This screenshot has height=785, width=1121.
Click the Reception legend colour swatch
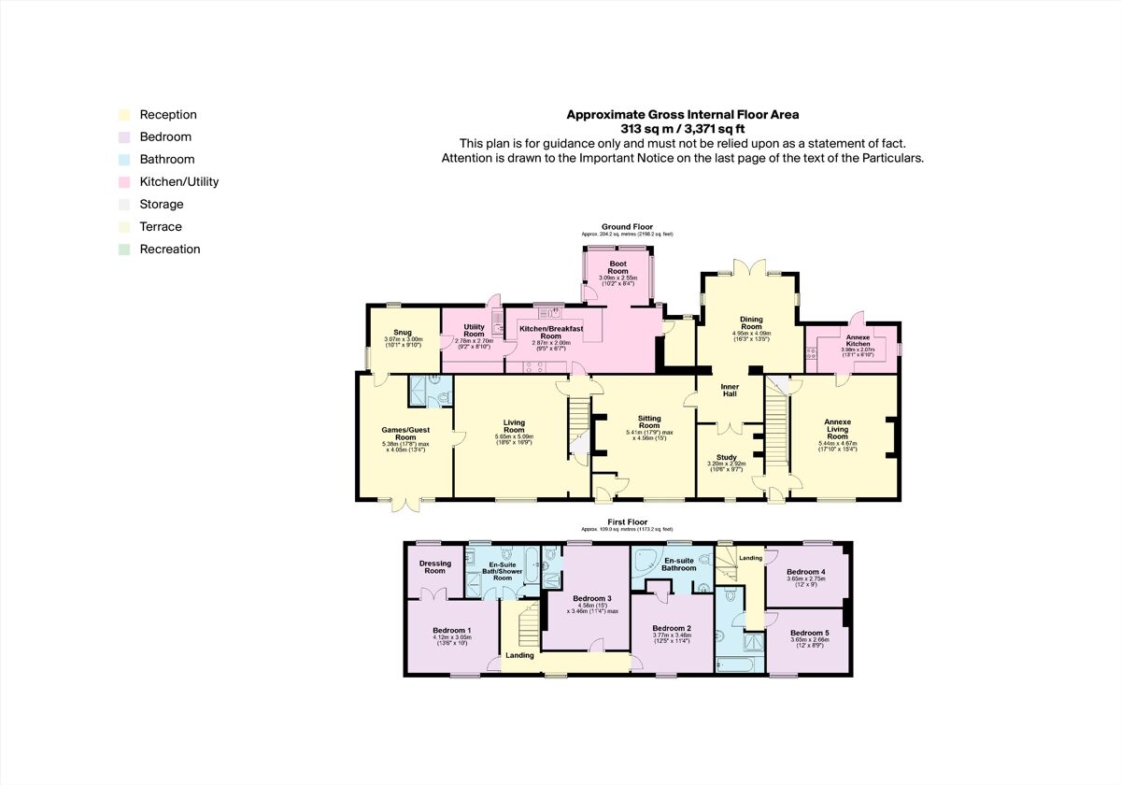(x=123, y=115)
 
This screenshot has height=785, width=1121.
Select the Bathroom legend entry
(x=166, y=160)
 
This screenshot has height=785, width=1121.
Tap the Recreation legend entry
(x=169, y=250)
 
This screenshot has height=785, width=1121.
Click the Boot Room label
(x=618, y=267)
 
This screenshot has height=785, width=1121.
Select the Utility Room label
(x=474, y=330)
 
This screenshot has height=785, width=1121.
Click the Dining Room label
(x=751, y=322)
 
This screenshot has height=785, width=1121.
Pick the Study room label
(x=727, y=457)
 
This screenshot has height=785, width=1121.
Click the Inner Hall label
(x=730, y=390)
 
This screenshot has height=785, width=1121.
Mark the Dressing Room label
(x=435, y=567)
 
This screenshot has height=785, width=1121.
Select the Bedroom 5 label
(x=807, y=633)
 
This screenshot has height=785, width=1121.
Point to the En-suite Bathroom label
(x=678, y=564)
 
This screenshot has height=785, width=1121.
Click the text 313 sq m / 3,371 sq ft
(x=682, y=129)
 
